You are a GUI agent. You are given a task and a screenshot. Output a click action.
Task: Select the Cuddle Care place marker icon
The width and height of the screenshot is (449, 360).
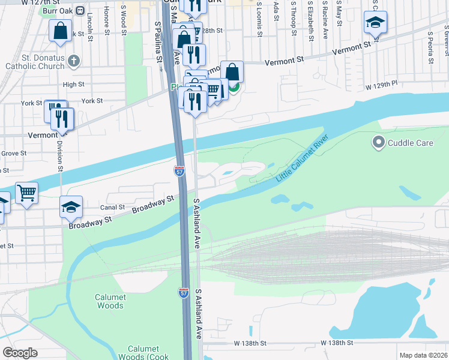(378, 143)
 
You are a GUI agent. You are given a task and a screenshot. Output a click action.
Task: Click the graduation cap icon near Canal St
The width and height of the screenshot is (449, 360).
(71, 207)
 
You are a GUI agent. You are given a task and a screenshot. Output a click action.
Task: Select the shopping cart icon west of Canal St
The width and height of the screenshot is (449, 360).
(26, 193)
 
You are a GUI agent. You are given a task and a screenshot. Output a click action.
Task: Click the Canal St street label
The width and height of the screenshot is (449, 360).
(112, 208)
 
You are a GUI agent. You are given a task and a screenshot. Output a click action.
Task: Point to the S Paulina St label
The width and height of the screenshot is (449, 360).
(158, 42)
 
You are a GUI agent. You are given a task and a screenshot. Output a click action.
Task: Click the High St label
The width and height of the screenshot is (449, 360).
(73, 85)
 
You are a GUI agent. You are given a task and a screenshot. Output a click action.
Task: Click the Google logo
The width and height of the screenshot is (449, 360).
(20, 352)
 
